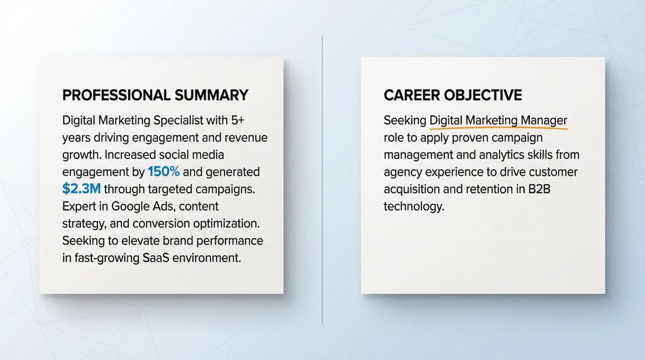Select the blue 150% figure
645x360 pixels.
(163, 172)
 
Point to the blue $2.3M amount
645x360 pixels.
(81, 189)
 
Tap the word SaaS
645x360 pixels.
(156, 257)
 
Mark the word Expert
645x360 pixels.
(79, 206)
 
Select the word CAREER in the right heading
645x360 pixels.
(411, 96)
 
